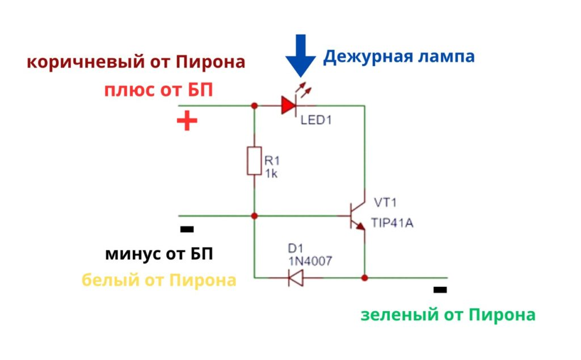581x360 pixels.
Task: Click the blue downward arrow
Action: point(301,56)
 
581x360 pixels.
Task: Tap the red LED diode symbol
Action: point(288,106)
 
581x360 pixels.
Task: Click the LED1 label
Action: point(316,120)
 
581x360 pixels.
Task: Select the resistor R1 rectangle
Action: point(254,161)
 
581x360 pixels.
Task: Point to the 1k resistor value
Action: point(271,174)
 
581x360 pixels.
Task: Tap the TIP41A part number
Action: point(392,223)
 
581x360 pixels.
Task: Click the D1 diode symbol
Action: point(296,278)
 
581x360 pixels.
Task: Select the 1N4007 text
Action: point(310,261)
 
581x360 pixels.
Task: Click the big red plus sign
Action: point(187,120)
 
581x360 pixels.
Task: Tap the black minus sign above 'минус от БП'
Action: point(187,229)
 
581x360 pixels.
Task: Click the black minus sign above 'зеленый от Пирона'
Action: point(440,290)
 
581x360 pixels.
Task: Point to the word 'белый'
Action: point(111,280)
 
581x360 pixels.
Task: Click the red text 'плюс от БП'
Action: point(159,90)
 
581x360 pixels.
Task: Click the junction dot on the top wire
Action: point(254,106)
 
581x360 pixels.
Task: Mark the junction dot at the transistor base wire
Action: point(254,216)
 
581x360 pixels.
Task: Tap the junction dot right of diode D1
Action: point(365,278)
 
